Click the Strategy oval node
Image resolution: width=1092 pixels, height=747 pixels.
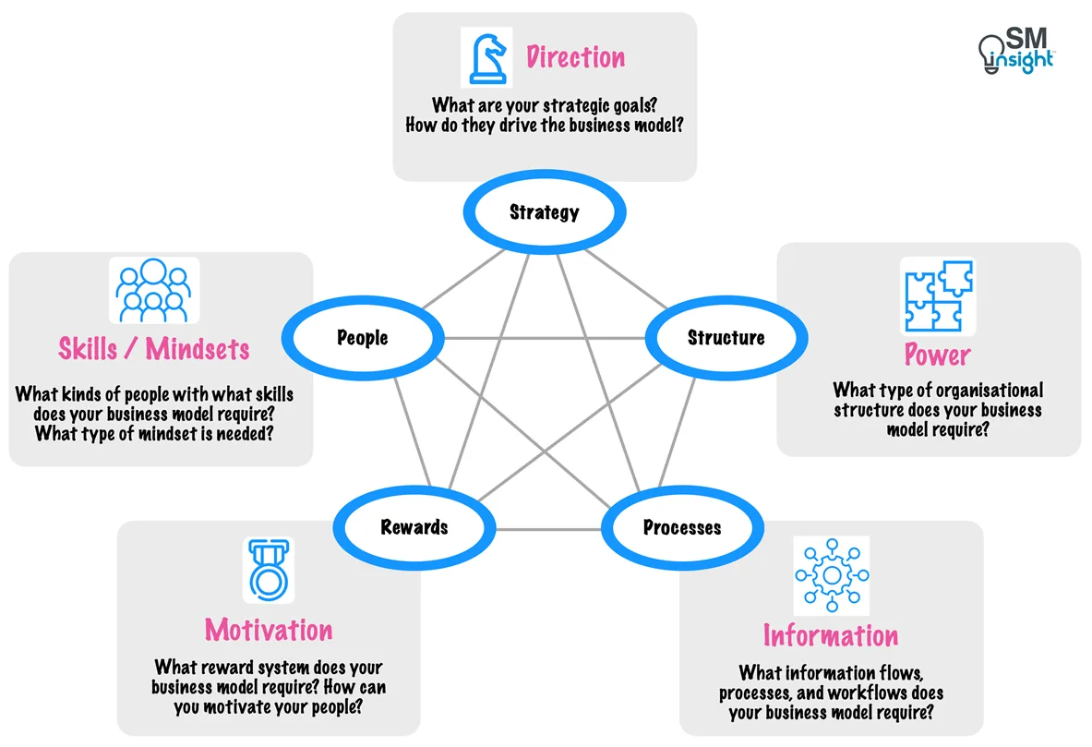(545, 212)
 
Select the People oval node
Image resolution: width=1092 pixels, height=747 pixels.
(362, 338)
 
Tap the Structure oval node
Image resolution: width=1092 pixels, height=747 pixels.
(726, 338)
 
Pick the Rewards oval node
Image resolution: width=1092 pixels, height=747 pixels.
(414, 527)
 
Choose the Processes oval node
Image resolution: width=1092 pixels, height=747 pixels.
(681, 527)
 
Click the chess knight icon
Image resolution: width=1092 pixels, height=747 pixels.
(486, 57)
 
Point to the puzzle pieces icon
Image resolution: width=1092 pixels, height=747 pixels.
(936, 295)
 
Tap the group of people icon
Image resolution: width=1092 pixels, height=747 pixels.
(153, 289)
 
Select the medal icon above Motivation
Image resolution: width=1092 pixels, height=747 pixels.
(268, 570)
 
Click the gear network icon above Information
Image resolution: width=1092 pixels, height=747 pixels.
(831, 575)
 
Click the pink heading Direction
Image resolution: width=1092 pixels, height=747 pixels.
(575, 57)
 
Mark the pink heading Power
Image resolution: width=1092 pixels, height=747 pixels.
(937, 355)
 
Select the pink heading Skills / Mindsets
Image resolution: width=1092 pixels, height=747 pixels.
(154, 349)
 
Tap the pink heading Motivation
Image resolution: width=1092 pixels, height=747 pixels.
(269, 630)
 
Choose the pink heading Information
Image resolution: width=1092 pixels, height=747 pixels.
(830, 635)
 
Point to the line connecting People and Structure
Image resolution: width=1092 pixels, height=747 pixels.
(545, 338)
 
